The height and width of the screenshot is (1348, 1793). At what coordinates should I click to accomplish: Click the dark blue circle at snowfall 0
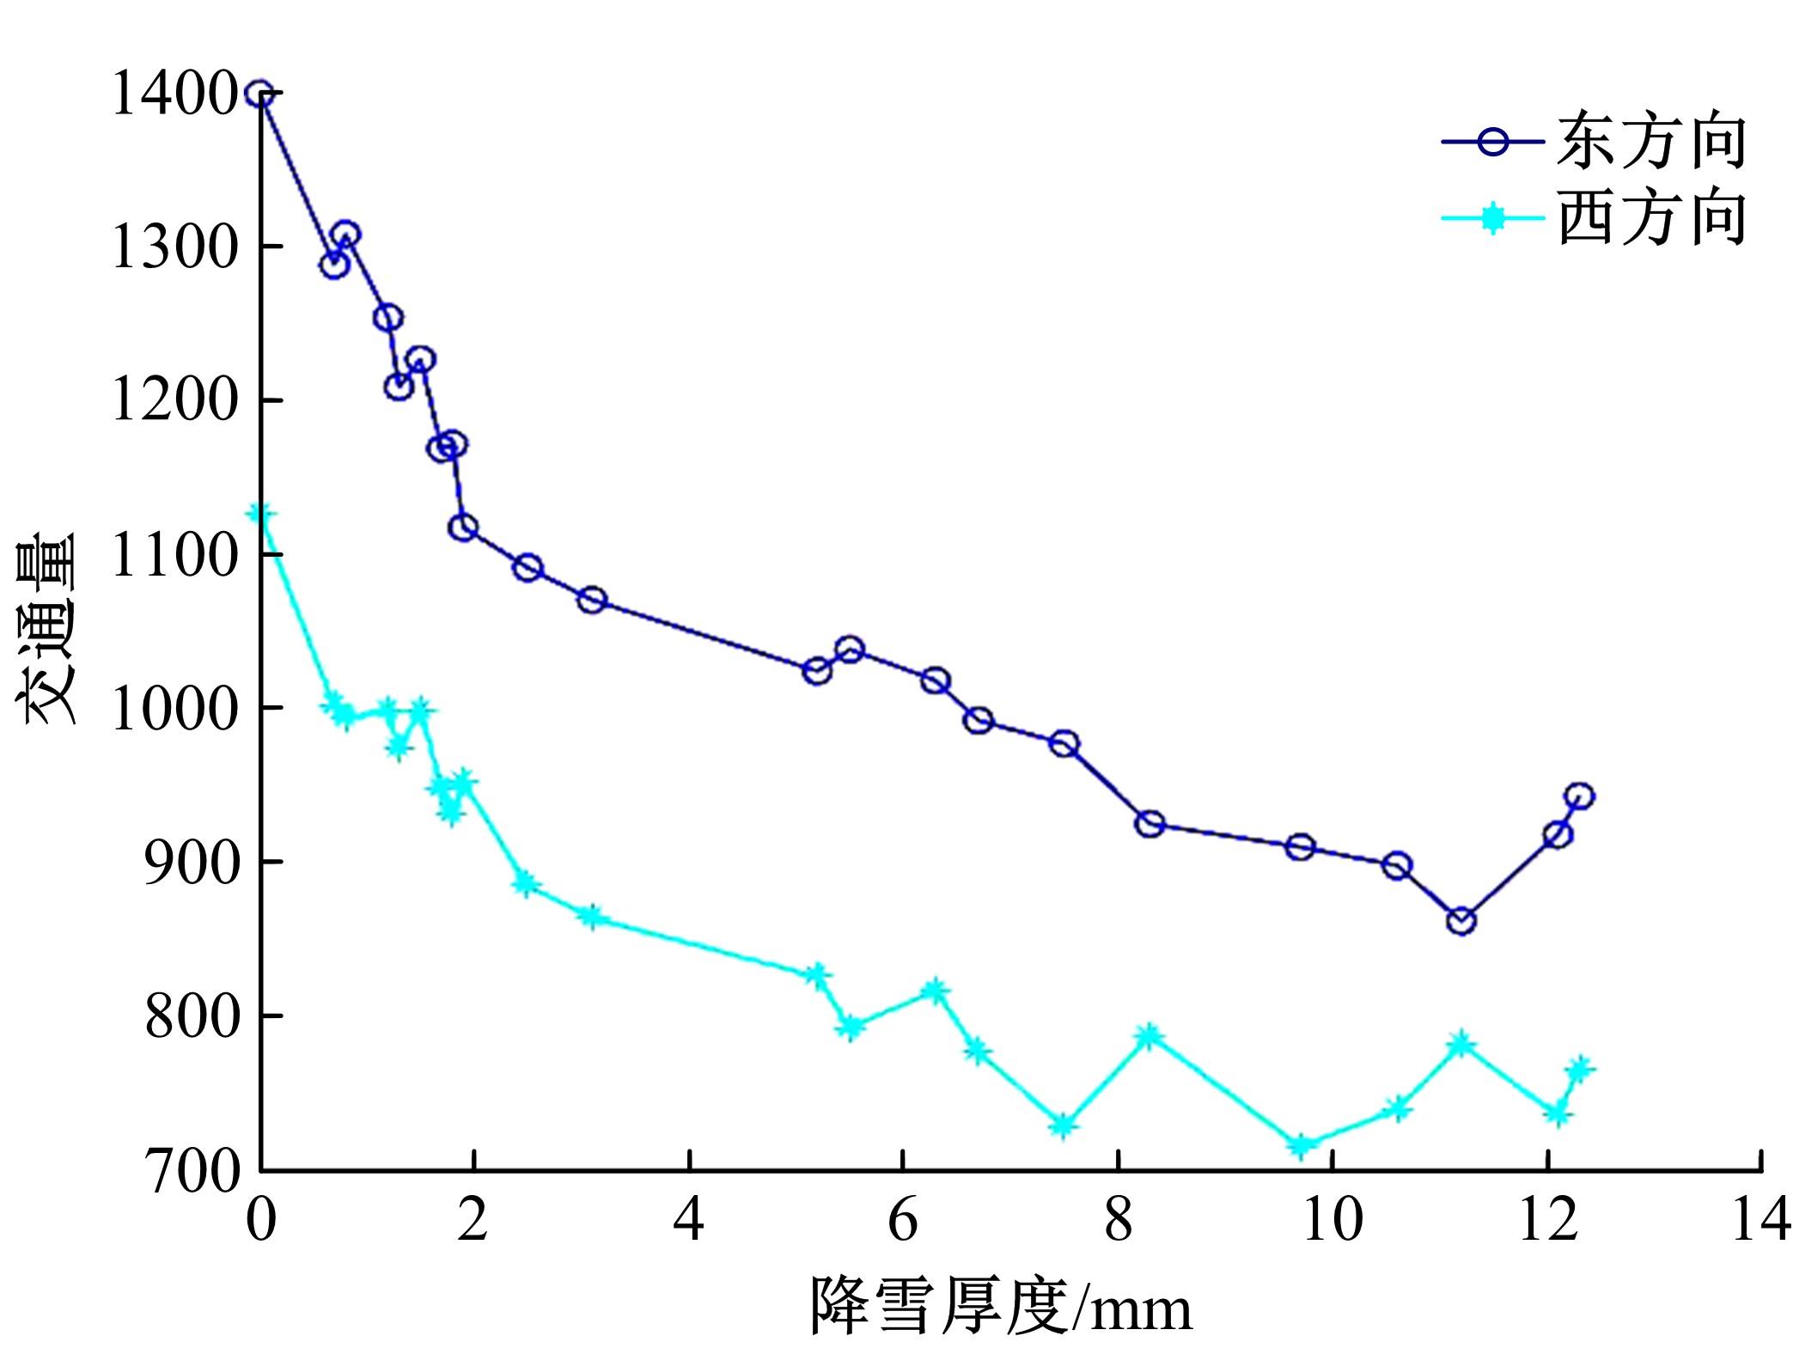click(x=260, y=94)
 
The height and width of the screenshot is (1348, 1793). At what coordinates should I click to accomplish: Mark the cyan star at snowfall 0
click(x=261, y=513)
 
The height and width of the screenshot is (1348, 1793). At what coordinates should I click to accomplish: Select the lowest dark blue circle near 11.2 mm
click(x=1461, y=921)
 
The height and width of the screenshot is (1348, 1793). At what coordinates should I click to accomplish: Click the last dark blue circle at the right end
click(x=1579, y=796)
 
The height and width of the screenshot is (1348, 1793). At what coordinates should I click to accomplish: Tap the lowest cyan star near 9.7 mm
click(x=1301, y=1145)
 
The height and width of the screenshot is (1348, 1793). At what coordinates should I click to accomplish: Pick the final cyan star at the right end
click(x=1579, y=1069)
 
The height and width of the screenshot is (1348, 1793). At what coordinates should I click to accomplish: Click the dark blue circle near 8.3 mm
click(x=1150, y=824)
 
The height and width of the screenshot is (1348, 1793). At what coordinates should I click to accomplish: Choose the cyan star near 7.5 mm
click(x=1064, y=1125)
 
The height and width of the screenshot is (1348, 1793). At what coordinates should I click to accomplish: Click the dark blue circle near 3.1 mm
click(x=592, y=600)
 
